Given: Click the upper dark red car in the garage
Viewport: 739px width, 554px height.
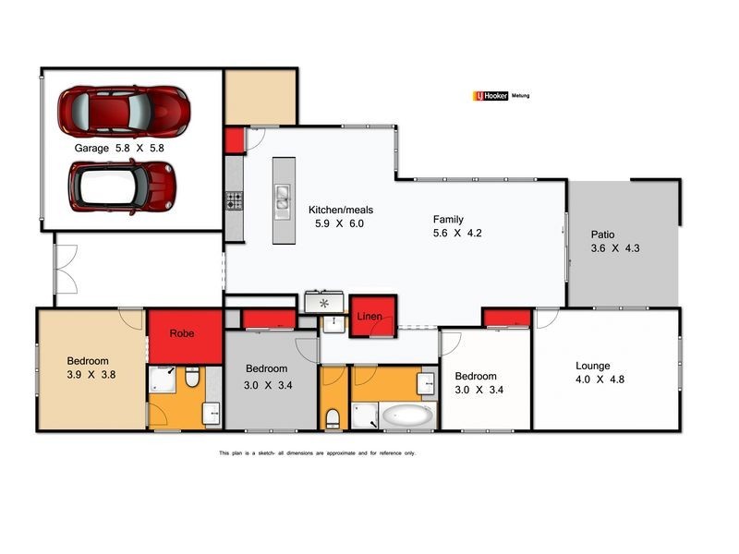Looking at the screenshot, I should [124, 110].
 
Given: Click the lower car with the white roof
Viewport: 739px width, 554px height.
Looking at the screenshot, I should [123, 184].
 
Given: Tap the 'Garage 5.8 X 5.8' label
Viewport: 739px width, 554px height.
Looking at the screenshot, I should [118, 148].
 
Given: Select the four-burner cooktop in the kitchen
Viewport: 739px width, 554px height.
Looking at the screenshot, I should [235, 200].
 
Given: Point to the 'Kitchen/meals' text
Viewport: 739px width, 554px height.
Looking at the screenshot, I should [341, 210].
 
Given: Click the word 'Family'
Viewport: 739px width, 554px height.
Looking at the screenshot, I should [448, 220].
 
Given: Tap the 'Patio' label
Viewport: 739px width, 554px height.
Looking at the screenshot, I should [602, 235].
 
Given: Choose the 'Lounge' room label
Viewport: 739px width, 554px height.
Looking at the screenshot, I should [592, 366].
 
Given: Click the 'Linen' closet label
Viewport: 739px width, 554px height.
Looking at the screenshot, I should [370, 317].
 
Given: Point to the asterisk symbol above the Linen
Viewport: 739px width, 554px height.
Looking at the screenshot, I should [323, 302].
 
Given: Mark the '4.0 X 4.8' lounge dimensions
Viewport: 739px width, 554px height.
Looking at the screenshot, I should [596, 379].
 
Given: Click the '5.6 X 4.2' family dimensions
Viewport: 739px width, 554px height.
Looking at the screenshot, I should [457, 233].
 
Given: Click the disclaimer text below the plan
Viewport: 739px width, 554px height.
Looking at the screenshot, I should [317, 453].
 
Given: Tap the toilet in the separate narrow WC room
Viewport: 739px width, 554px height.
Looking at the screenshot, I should [333, 417].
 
